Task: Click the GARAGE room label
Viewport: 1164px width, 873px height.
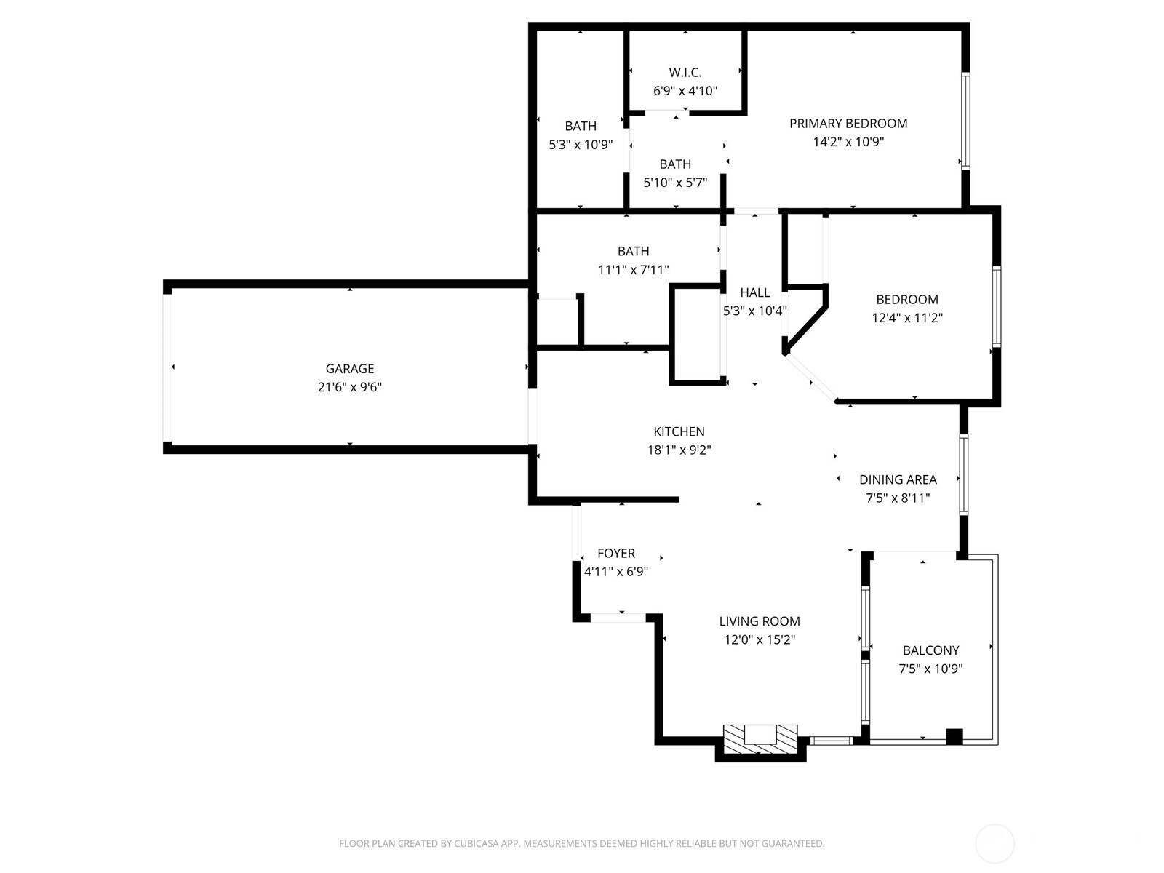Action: [x=349, y=368]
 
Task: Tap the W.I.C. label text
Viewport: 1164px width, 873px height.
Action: [x=685, y=72]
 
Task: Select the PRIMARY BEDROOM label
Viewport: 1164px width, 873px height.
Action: [x=848, y=124]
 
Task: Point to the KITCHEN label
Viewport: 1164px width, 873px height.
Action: [x=679, y=431]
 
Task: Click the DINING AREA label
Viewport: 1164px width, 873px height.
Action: [x=898, y=479]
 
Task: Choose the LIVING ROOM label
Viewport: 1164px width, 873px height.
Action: [x=760, y=621]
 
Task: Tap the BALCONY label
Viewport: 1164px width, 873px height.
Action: [x=930, y=650]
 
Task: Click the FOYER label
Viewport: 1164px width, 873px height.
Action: [x=615, y=554]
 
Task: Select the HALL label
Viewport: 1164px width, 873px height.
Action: [x=754, y=292]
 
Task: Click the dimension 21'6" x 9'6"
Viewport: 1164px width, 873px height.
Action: [x=349, y=387]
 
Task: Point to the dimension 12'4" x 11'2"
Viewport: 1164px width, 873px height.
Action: [x=906, y=318]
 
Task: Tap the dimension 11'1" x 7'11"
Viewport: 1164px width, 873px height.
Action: [x=633, y=270]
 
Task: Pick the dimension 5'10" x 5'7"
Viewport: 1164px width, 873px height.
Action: [x=675, y=183]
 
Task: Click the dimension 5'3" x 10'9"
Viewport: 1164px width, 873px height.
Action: [x=580, y=145]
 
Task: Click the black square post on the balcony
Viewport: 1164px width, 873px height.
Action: [x=954, y=737]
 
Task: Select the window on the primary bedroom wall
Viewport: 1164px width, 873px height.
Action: [x=965, y=121]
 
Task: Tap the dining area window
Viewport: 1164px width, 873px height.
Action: [x=963, y=474]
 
